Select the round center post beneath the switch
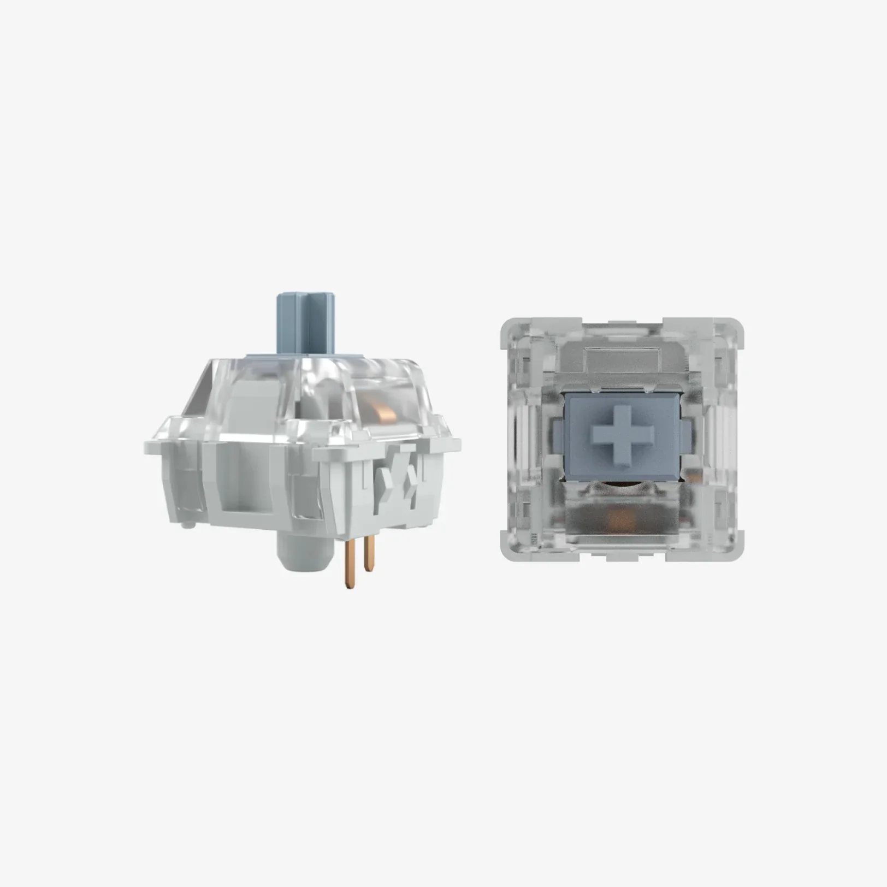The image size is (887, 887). click(305, 552)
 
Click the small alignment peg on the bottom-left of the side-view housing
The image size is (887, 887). click(187, 525)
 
